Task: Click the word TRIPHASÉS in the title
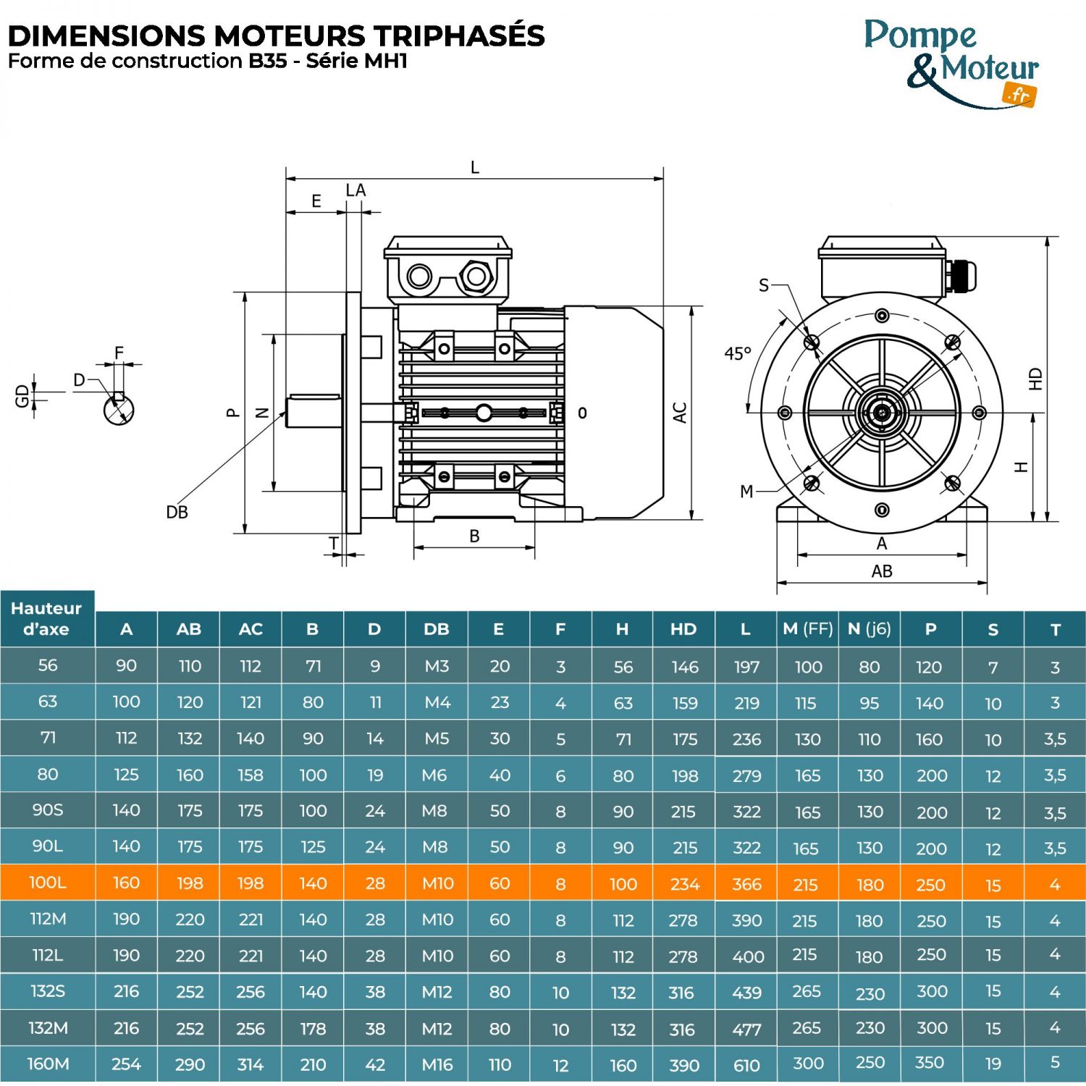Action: (458, 35)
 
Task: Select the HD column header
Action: (683, 629)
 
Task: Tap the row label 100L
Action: (48, 883)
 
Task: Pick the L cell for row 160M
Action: (746, 1065)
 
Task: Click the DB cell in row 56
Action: (437, 666)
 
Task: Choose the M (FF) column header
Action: (808, 629)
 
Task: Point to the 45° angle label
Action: (738, 353)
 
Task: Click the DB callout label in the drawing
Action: (177, 513)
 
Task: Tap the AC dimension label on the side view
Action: (680, 413)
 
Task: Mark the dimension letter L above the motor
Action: (475, 168)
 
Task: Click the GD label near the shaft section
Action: (22, 395)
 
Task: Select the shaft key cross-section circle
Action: (119, 410)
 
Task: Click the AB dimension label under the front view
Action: (882, 571)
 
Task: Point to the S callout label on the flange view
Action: (764, 285)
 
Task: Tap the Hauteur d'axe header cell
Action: (47, 619)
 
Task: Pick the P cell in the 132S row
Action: (931, 992)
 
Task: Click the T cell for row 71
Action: (1055, 739)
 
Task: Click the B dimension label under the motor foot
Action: (474, 536)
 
